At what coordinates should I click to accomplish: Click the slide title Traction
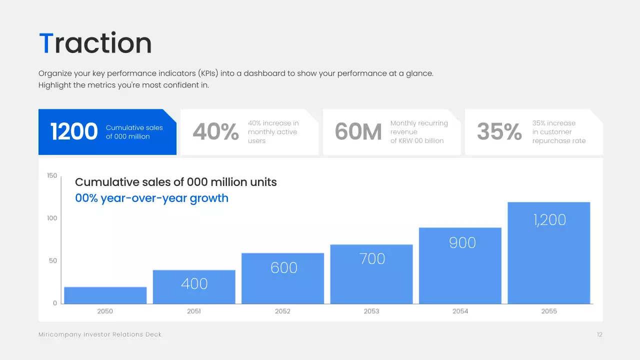(x=95, y=43)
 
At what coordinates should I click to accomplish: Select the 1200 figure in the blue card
(x=74, y=132)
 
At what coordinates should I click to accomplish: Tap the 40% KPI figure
(x=215, y=132)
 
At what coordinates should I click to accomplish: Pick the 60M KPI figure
(x=358, y=132)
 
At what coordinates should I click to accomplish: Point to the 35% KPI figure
(x=499, y=132)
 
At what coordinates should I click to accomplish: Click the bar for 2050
(x=105, y=295)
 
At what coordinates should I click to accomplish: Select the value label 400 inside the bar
(x=194, y=283)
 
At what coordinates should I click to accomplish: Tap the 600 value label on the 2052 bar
(x=283, y=267)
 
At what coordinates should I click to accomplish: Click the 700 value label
(x=372, y=258)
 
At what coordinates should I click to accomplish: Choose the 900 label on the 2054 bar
(x=462, y=242)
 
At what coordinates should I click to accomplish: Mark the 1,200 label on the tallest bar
(x=549, y=219)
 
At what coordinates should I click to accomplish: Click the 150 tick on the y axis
(x=52, y=175)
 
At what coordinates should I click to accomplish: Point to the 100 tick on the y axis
(x=52, y=218)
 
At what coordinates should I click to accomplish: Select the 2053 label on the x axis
(x=371, y=311)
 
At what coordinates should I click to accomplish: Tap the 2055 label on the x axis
(x=549, y=311)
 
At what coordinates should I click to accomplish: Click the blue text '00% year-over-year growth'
(x=151, y=198)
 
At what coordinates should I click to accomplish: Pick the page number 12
(x=599, y=334)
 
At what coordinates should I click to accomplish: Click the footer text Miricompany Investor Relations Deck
(x=100, y=334)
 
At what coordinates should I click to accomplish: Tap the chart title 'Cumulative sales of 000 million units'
(x=175, y=182)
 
